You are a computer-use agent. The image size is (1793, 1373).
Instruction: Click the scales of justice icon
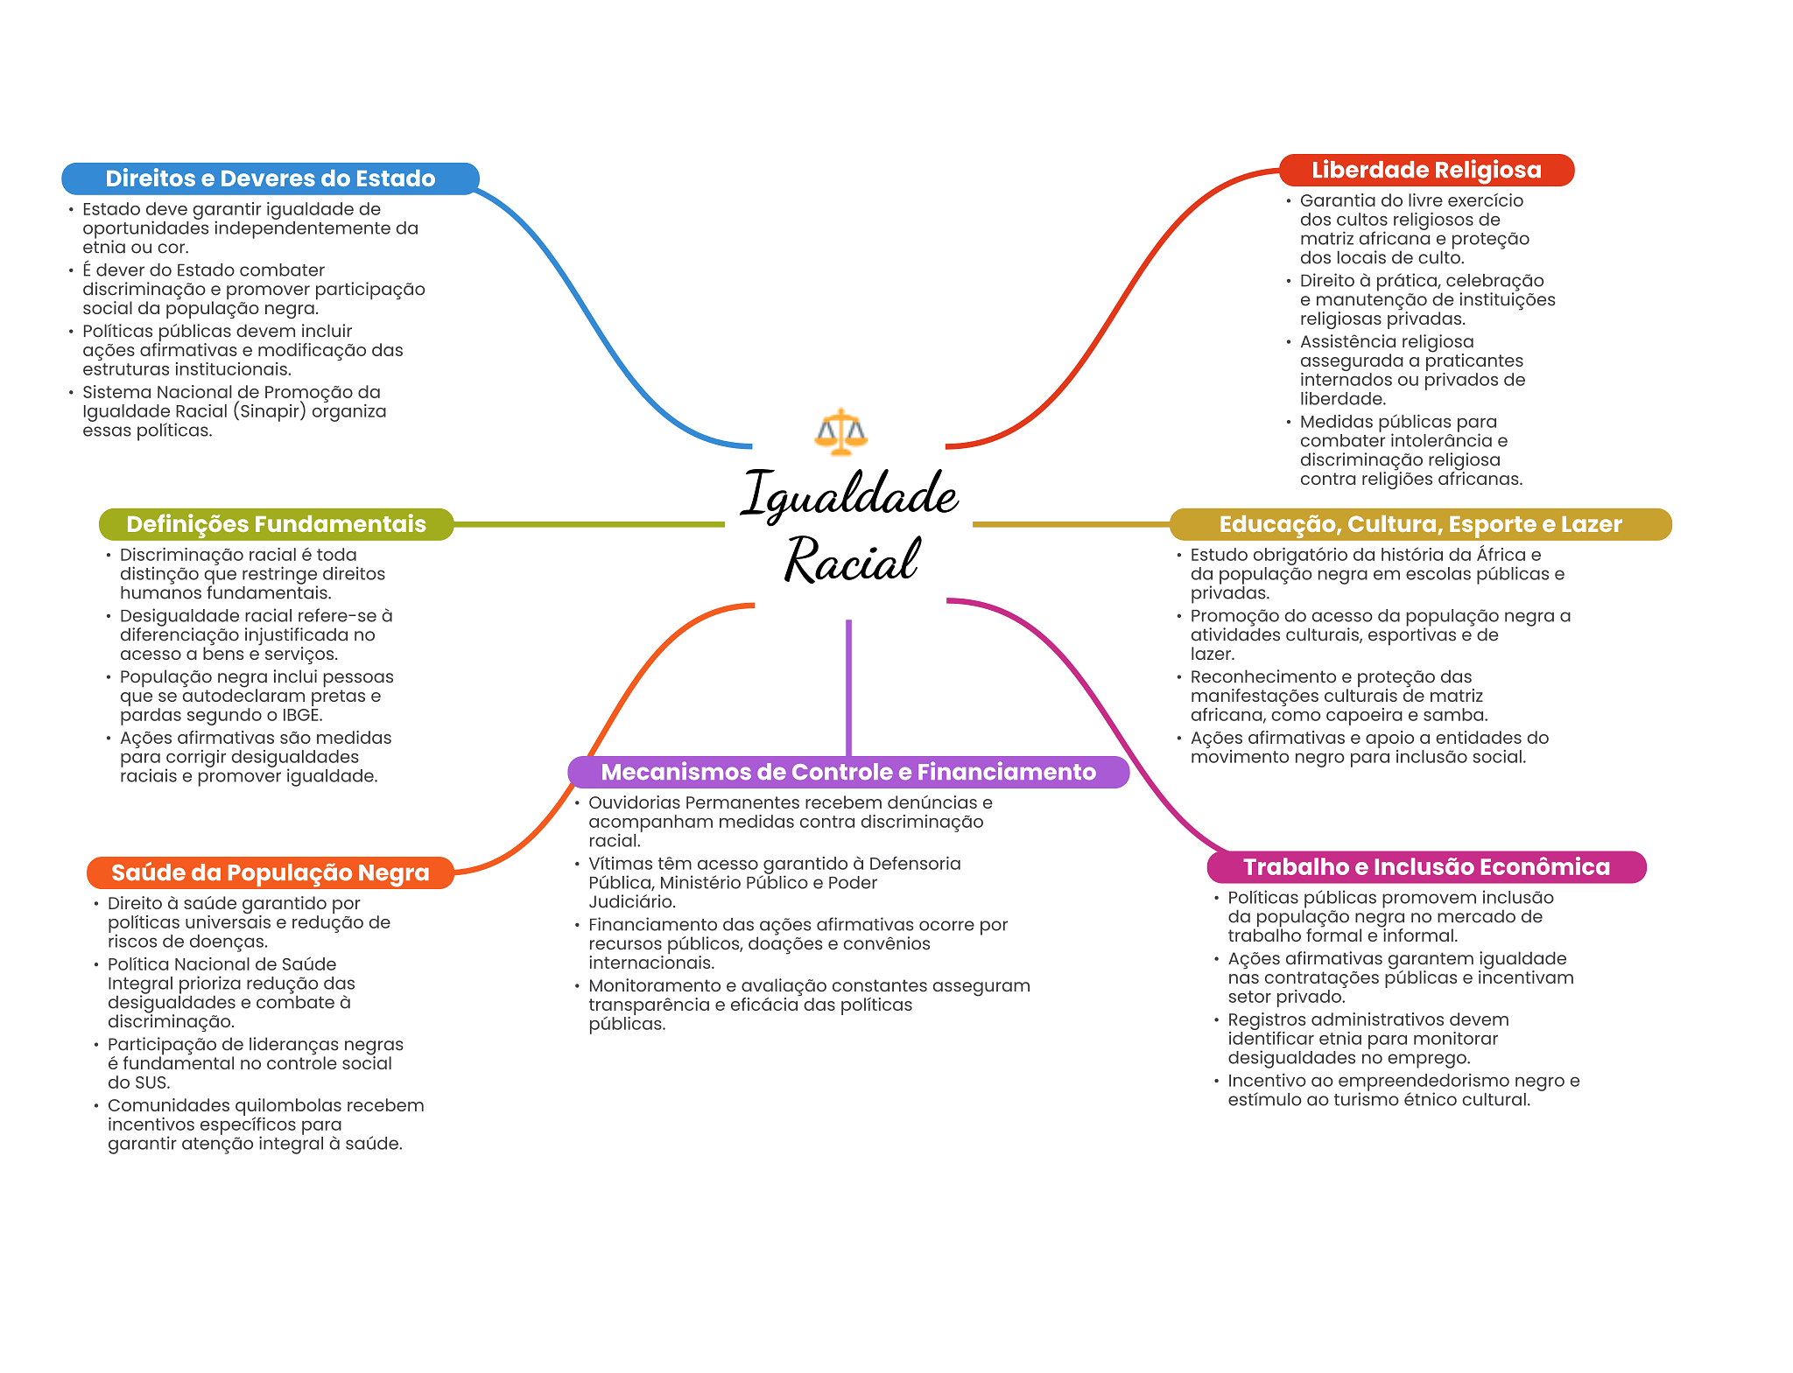(840, 431)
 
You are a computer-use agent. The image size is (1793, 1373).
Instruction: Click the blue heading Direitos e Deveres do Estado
(270, 179)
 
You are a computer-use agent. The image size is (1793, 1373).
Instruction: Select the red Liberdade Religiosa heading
(1426, 170)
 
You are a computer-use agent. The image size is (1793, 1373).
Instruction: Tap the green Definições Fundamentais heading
(276, 524)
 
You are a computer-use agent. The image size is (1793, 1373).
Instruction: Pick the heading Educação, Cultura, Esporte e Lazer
(1420, 524)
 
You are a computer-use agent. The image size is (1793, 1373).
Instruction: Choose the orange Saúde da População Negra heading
(270, 872)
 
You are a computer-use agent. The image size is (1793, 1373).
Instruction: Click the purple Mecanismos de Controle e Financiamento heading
(847, 772)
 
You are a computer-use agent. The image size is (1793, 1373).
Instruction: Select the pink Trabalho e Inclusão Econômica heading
(1426, 867)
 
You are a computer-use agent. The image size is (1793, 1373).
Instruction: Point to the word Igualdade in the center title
(849, 494)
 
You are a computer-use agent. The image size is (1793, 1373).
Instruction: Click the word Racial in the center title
(851, 560)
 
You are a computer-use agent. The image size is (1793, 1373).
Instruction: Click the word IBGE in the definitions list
(300, 715)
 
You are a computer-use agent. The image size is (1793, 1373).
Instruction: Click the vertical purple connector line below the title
(848, 687)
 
